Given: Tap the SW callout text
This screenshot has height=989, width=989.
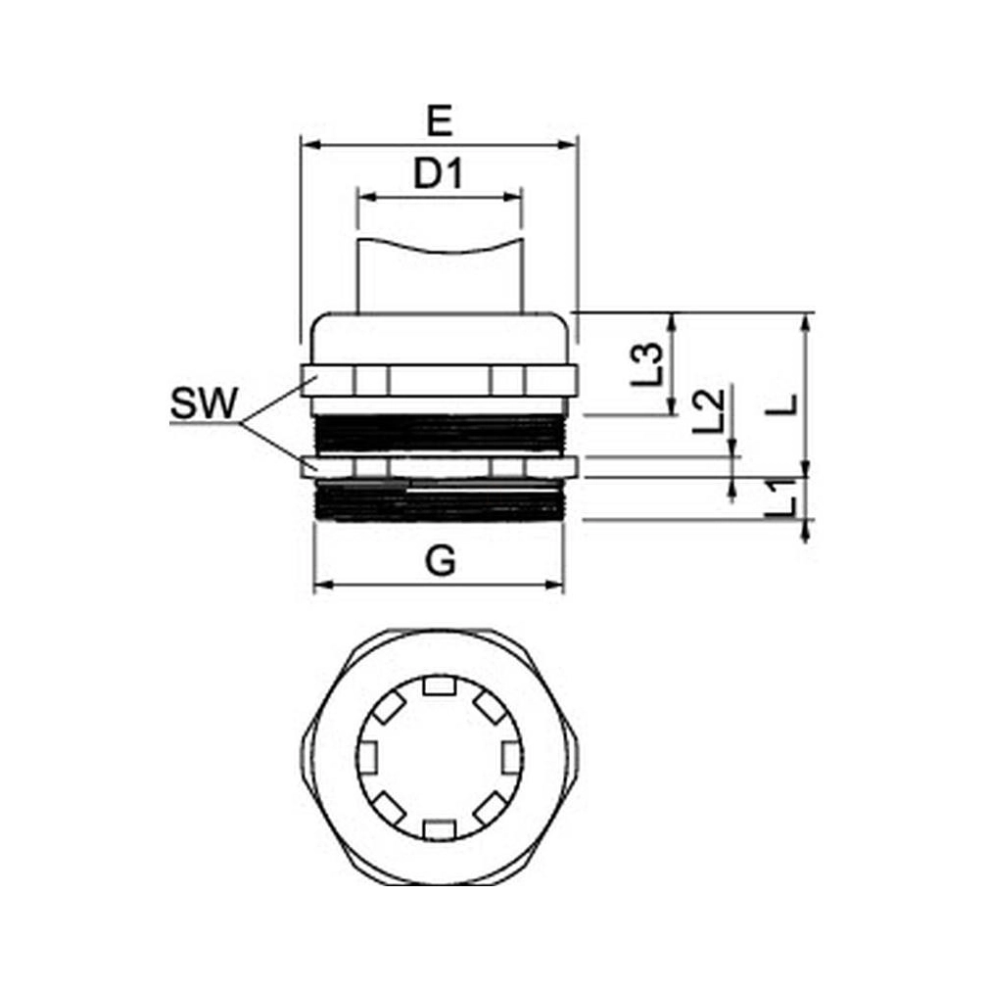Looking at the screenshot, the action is pyautogui.click(x=205, y=403).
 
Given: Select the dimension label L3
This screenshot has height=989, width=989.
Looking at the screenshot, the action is pyautogui.click(x=647, y=364).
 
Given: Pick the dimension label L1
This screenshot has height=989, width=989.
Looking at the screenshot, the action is pyautogui.click(x=780, y=499).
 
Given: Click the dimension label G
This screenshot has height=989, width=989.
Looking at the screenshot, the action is pyautogui.click(x=441, y=561).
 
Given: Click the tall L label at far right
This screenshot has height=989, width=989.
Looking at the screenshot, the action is pyautogui.click(x=781, y=405).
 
